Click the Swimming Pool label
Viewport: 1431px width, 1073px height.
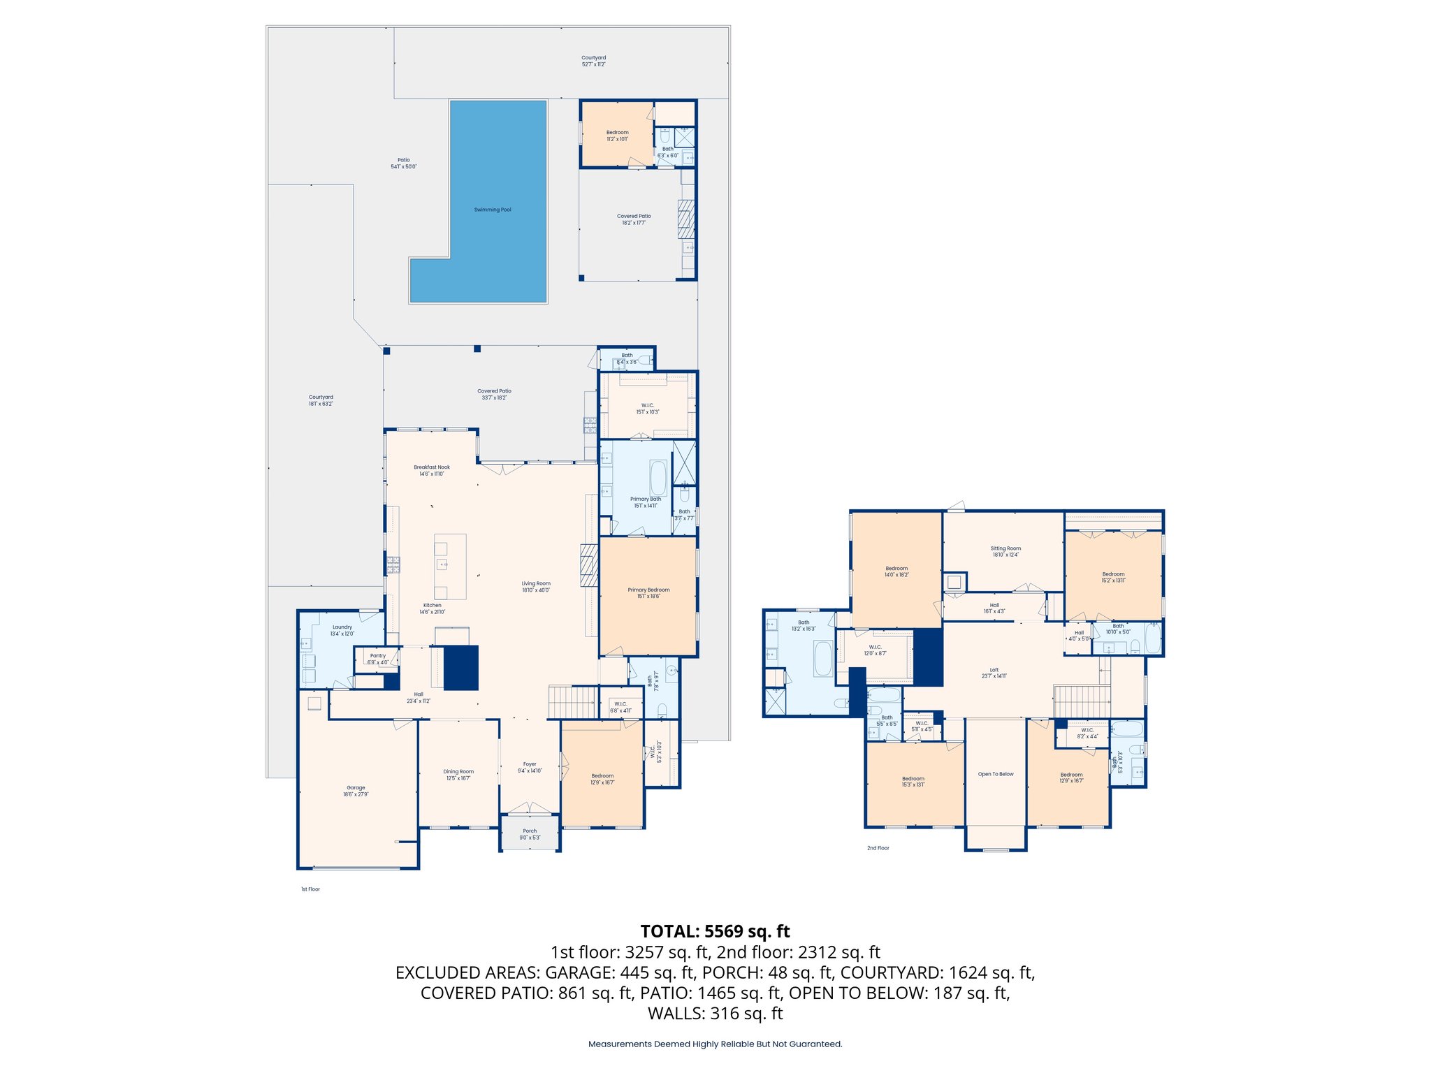pos(493,210)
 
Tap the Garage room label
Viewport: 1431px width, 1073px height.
pos(356,788)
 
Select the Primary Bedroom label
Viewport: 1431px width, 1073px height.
pos(648,590)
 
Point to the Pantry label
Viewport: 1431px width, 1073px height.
pos(377,656)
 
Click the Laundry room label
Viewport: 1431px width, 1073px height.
pos(342,627)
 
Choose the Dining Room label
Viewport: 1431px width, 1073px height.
pos(458,772)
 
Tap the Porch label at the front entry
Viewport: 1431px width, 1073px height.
pos(530,831)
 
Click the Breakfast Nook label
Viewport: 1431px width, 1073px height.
pos(432,467)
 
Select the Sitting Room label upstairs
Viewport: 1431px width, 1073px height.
pos(1005,548)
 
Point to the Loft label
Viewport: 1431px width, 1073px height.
pos(994,670)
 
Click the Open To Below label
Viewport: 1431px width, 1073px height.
pos(996,774)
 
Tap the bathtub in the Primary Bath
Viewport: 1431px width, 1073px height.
pos(658,478)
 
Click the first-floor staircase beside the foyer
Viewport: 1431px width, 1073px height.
pos(572,702)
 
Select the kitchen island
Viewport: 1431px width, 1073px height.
pos(450,567)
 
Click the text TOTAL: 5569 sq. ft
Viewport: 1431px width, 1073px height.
pos(715,931)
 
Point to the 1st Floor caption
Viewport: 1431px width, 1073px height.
pos(310,889)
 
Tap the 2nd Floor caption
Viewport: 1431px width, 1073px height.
pos(878,848)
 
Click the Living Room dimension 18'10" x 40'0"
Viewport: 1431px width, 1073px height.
pos(536,590)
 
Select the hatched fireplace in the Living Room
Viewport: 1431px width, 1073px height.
pos(589,564)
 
